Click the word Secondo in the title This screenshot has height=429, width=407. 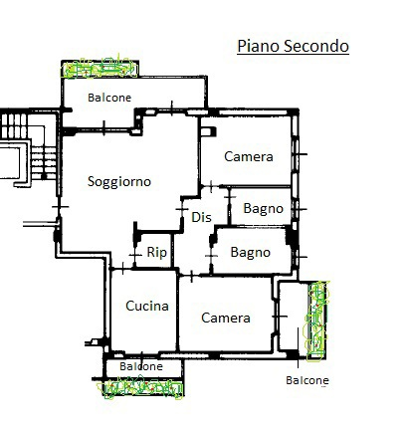tap(315, 46)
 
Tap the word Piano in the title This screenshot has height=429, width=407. tap(257, 46)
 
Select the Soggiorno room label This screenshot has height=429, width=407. tap(118, 181)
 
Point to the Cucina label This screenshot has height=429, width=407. tap(146, 307)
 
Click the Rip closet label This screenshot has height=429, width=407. tap(156, 253)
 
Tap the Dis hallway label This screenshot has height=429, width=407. tap(202, 217)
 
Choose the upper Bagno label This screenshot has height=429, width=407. tap(263, 209)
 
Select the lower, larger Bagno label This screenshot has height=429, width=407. tap(250, 253)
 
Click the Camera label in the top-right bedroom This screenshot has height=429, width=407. tap(248, 156)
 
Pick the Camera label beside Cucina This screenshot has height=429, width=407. tap(225, 318)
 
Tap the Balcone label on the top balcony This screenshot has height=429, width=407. tap(110, 98)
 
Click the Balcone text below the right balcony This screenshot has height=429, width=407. tap(307, 380)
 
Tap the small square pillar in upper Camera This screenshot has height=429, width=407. tap(206, 130)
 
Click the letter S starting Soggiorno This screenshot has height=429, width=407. tap(92, 181)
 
